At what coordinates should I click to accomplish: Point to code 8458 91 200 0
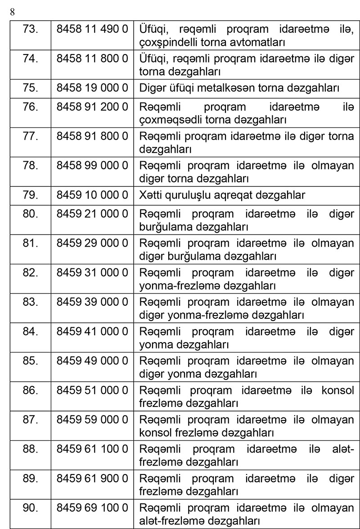(92, 109)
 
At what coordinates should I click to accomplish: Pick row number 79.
(31, 195)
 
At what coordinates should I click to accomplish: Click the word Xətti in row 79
(150, 195)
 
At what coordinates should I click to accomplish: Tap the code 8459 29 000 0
(92, 244)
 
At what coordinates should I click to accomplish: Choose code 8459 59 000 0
(92, 420)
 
